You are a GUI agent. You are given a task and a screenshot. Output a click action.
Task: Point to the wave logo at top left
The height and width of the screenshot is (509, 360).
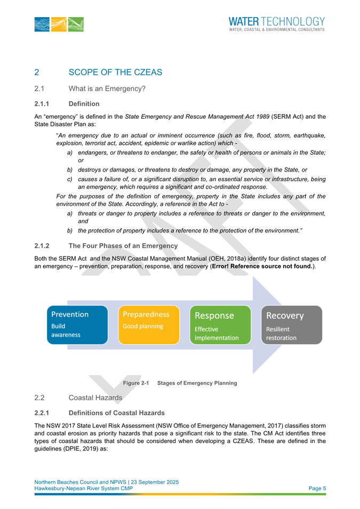tap(61, 25)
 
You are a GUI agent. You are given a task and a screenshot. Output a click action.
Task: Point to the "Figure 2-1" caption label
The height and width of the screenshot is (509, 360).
tap(135, 383)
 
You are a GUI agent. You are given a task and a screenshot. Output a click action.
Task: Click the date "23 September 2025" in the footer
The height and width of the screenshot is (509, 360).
tap(153, 482)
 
